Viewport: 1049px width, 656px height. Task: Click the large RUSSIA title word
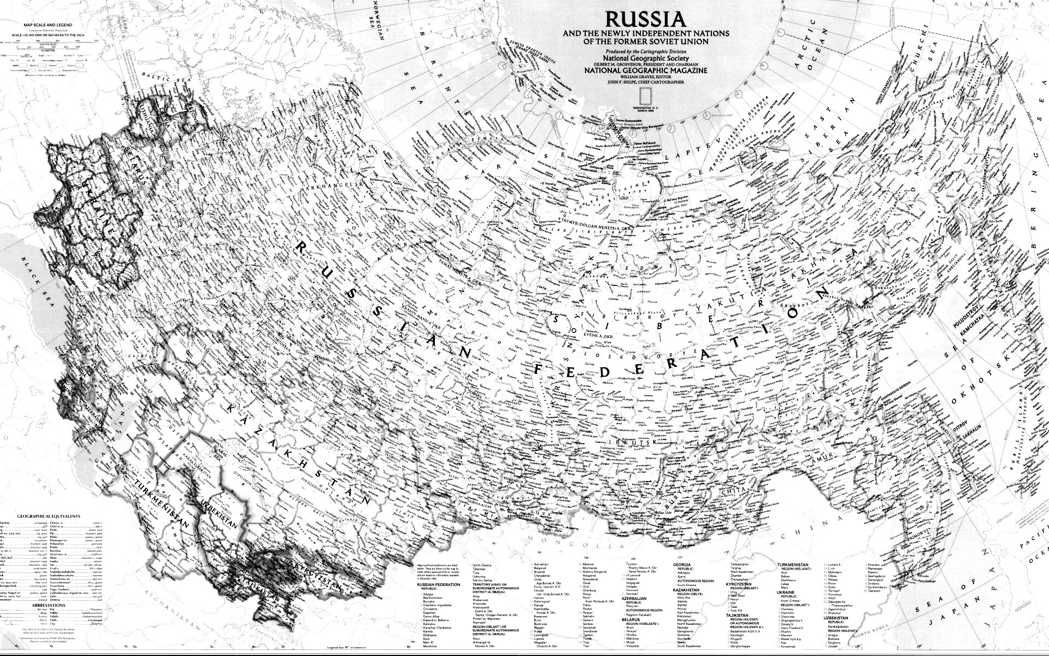click(x=645, y=20)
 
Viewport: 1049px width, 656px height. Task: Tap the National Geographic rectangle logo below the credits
click(x=646, y=95)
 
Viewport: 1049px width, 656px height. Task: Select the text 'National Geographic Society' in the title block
click(x=645, y=58)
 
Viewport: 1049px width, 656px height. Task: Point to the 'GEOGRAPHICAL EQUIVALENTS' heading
click(x=49, y=516)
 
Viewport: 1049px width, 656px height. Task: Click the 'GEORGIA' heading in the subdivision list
click(x=682, y=564)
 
